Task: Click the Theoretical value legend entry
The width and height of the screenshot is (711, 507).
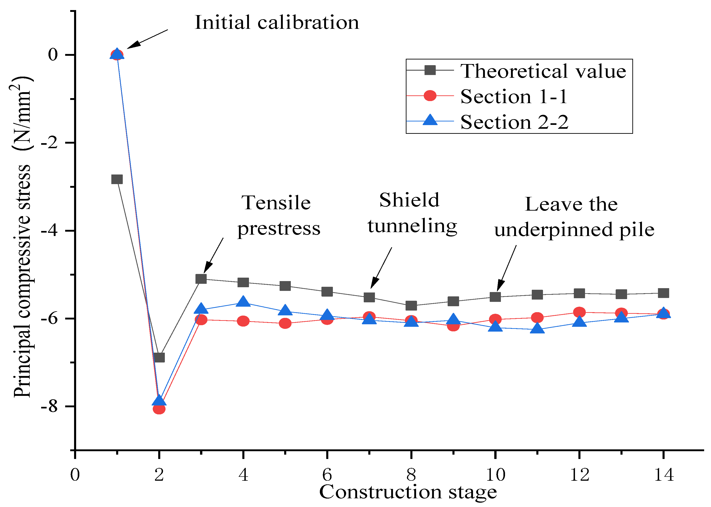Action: [543, 71]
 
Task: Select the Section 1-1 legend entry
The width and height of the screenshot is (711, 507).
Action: [514, 97]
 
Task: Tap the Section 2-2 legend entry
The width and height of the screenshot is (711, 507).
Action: [514, 122]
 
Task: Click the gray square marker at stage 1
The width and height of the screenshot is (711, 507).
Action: [117, 179]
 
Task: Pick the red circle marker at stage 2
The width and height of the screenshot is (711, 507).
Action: [159, 409]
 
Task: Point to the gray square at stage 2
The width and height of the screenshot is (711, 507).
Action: [159, 357]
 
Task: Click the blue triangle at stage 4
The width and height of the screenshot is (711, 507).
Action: [243, 302]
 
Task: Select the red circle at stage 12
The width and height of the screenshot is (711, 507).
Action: [580, 312]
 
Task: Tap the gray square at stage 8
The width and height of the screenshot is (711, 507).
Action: [411, 305]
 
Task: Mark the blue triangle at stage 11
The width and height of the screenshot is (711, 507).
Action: [537, 328]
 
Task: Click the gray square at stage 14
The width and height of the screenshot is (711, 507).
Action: [663, 293]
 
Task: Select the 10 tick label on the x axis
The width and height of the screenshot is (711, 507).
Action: [495, 475]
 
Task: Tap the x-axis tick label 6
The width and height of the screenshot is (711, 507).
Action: [327, 475]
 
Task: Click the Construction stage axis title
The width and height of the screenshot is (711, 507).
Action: [408, 493]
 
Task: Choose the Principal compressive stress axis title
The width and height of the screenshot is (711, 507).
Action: [22, 237]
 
